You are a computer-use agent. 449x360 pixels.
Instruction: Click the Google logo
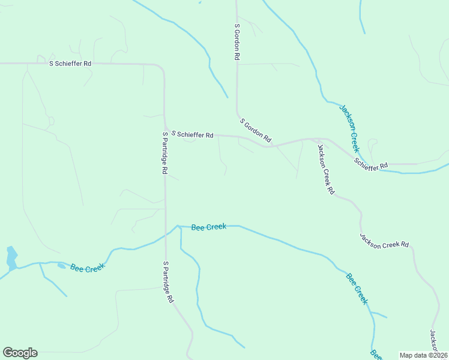(x=20, y=353)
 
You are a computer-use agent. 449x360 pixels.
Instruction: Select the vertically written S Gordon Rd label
(x=237, y=42)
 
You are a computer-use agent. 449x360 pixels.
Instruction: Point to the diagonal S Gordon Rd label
(x=256, y=130)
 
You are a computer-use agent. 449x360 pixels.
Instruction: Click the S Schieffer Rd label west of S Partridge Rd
(x=70, y=63)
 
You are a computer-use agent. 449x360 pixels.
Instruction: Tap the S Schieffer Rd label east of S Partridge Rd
(x=192, y=135)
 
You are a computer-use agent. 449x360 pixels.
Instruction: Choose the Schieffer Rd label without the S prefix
(x=371, y=163)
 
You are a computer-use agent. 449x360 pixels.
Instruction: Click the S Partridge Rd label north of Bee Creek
(x=164, y=153)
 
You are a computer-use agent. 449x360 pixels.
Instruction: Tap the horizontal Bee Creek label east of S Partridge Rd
(x=208, y=227)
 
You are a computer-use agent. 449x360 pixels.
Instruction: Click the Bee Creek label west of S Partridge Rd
(x=88, y=268)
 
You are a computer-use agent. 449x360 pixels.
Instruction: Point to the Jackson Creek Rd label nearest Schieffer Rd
(x=325, y=170)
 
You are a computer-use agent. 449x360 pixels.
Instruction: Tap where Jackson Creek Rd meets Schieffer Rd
(x=316, y=139)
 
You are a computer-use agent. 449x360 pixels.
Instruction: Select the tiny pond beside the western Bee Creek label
(x=62, y=266)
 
